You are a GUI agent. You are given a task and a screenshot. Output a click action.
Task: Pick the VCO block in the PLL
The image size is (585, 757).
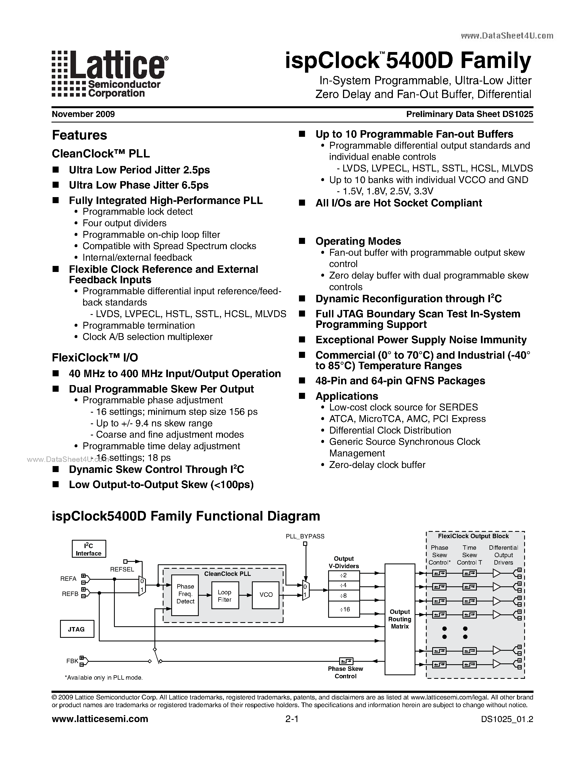point(266,595)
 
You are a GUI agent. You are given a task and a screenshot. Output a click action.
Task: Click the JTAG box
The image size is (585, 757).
point(77,629)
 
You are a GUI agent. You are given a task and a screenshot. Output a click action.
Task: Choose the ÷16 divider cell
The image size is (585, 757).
point(344,609)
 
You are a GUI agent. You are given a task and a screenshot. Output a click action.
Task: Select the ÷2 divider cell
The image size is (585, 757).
point(344,575)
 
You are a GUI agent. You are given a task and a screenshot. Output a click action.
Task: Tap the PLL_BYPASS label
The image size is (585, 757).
point(305,536)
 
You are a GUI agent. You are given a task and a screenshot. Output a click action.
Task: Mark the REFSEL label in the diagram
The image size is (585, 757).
point(122,569)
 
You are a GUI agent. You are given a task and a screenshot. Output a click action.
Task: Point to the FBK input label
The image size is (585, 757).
point(72,661)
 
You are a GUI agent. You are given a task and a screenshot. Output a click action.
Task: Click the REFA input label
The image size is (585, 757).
point(68,579)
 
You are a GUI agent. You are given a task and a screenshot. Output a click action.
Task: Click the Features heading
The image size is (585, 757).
point(79,135)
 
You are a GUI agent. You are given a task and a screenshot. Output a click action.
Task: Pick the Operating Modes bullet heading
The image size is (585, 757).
point(358,241)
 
